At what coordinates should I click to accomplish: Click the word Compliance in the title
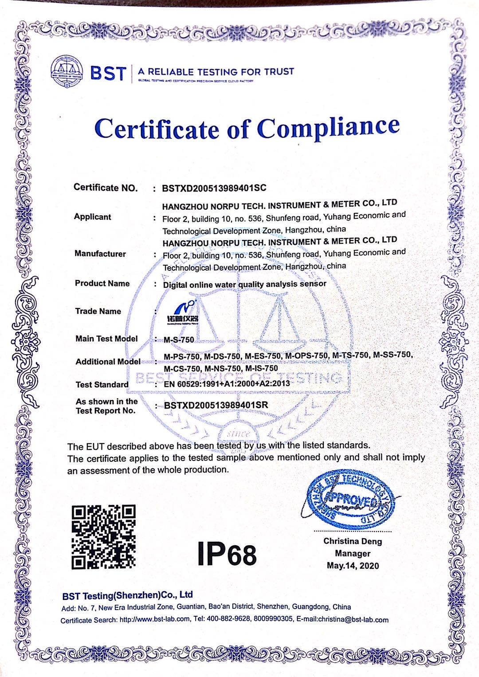point(329,128)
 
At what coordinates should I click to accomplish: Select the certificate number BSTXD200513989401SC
point(215,188)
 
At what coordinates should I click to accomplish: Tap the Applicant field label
point(92,217)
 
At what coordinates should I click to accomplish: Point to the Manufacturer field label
point(100,254)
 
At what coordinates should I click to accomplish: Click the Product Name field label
point(102,283)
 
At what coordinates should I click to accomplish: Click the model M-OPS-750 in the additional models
point(306,355)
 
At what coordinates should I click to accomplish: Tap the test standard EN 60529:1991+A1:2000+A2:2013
point(227,384)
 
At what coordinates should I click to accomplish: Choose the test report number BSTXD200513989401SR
point(216,405)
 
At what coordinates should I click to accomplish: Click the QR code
point(103,537)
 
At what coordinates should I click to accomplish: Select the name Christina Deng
point(353,541)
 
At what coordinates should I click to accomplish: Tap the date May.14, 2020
point(353,566)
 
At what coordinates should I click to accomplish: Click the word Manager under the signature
point(353,553)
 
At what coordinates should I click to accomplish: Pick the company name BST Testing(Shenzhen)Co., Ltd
point(128,595)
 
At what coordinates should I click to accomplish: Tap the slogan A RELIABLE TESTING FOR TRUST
point(216,71)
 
